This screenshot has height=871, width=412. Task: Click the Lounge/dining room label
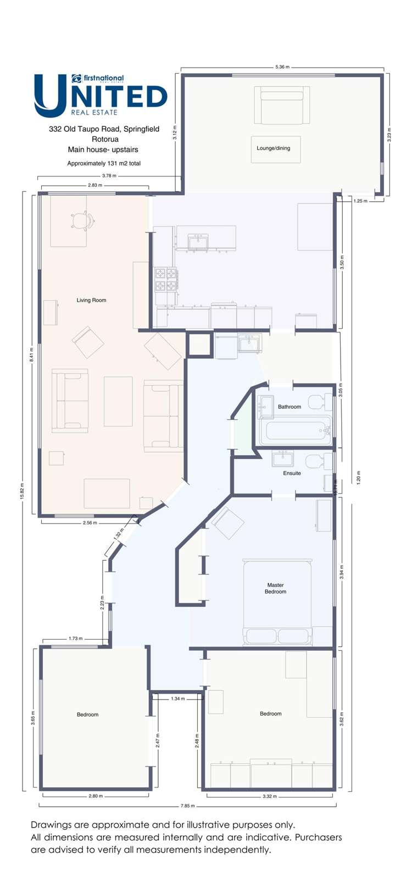273,148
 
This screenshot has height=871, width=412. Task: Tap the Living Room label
91,300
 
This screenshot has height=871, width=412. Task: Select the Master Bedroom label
275,589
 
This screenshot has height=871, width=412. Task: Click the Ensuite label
292,473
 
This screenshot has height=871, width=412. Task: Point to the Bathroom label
289,407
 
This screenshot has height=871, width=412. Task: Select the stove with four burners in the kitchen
165,279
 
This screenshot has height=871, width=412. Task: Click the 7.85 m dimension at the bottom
187,806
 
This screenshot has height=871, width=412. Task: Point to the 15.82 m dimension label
23,490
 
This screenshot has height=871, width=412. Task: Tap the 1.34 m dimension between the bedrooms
177,698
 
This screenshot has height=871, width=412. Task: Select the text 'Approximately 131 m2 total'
104,163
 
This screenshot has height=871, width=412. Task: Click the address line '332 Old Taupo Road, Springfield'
104,129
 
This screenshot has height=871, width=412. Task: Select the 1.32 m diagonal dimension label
119,534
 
